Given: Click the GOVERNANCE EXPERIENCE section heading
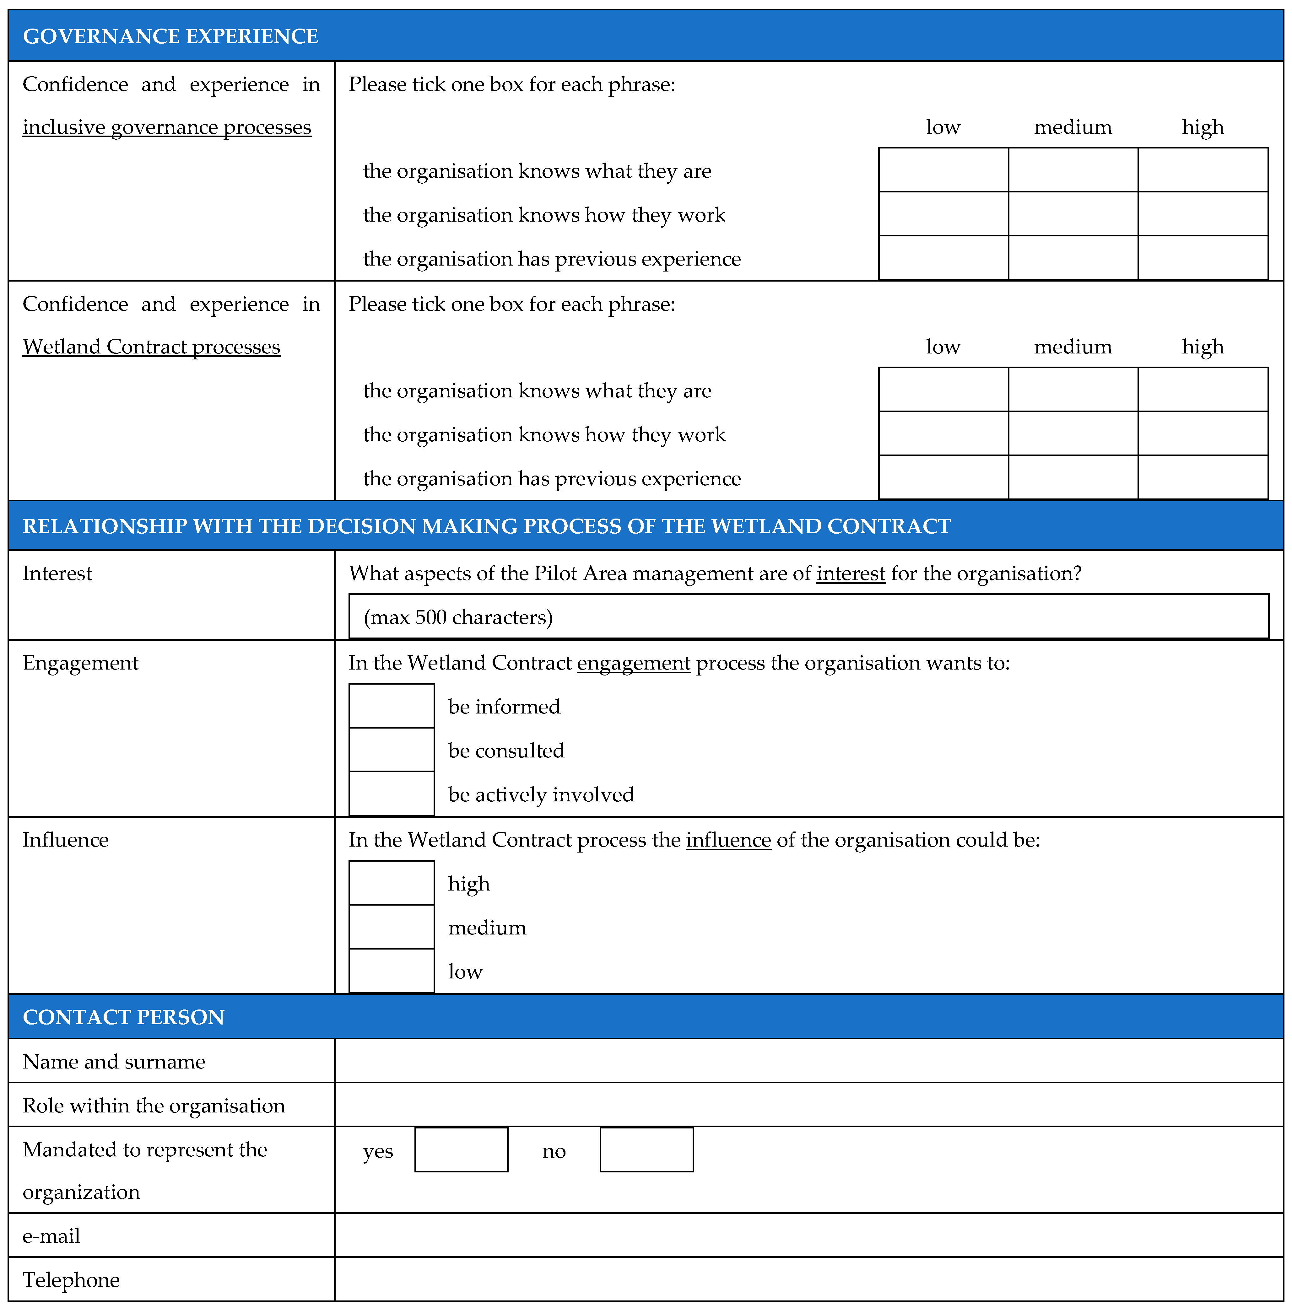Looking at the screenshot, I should click(x=170, y=36).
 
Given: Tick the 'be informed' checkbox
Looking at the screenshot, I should click(x=392, y=706).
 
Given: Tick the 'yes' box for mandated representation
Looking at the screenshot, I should click(x=461, y=1149).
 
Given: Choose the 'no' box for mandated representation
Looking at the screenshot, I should click(x=647, y=1149).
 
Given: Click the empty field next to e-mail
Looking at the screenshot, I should click(x=808, y=1235).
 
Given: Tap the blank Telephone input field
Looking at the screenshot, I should click(x=808, y=1279).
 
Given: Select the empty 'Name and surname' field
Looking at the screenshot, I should click(x=808, y=1061).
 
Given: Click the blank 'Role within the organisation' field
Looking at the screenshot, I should click(x=808, y=1105).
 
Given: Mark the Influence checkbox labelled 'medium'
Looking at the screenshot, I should click(x=392, y=927).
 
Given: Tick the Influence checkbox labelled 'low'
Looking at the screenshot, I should click(x=392, y=971).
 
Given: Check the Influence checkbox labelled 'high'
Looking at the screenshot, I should click(x=392, y=883).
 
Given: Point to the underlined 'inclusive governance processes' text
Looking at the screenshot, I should click(x=167, y=127).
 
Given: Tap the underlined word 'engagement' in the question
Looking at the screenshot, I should click(x=633, y=663).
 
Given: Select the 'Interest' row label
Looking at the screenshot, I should click(x=57, y=573).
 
